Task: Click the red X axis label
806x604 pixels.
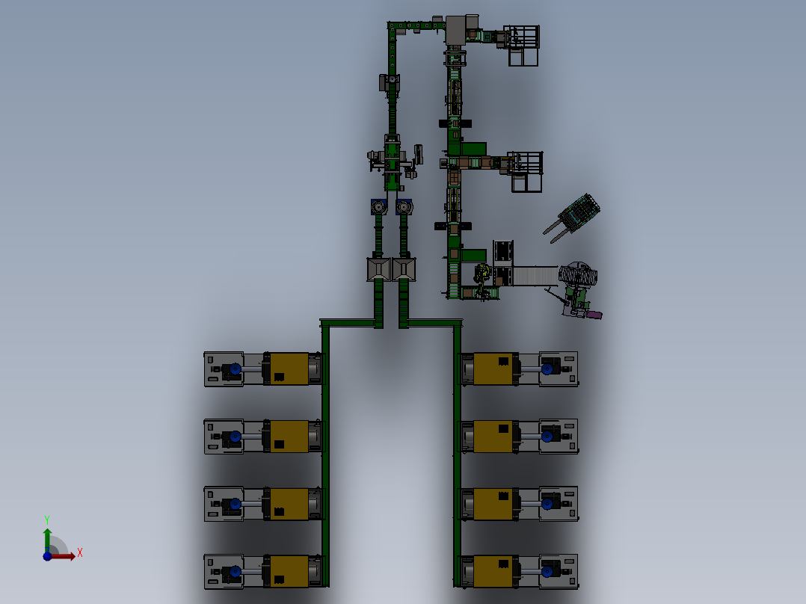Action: point(80,553)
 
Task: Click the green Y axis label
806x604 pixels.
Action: point(47,520)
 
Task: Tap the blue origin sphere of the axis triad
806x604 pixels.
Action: point(47,556)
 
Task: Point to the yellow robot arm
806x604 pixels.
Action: point(482,275)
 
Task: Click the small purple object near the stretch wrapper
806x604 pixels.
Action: point(594,315)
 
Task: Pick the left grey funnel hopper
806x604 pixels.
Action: point(378,269)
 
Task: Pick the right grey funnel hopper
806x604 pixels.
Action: point(404,269)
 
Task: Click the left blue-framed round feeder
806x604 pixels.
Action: point(379,207)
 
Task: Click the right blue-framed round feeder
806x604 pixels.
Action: point(404,207)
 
